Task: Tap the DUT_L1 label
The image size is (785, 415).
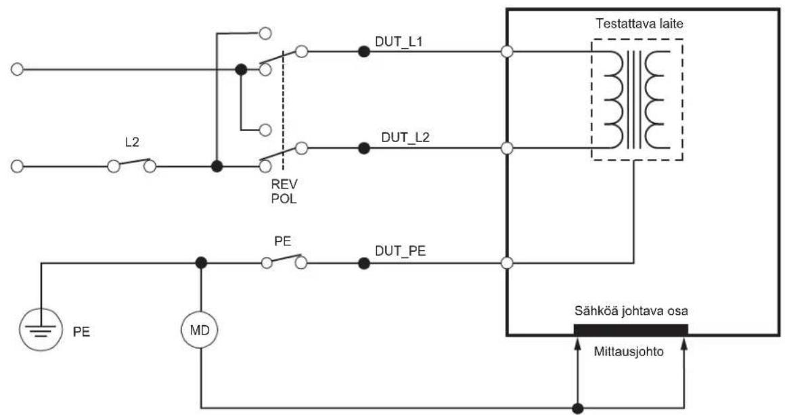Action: pyautogui.click(x=399, y=42)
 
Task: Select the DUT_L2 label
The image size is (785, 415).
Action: pyautogui.click(x=405, y=137)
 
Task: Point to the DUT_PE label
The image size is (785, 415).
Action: pyautogui.click(x=400, y=251)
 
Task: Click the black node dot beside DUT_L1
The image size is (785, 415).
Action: pyautogui.click(x=364, y=51)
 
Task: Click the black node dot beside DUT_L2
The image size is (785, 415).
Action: pyautogui.click(x=364, y=148)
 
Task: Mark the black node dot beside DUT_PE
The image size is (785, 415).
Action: pyautogui.click(x=364, y=263)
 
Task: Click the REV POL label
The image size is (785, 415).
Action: pyautogui.click(x=284, y=191)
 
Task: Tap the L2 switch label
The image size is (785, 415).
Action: pyautogui.click(x=132, y=143)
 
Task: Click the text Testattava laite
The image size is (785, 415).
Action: pyautogui.click(x=639, y=24)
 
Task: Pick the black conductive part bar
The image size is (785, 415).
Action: pyautogui.click(x=631, y=330)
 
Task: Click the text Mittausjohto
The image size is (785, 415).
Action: pyautogui.click(x=629, y=351)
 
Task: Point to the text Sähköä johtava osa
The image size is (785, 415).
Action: pyautogui.click(x=631, y=311)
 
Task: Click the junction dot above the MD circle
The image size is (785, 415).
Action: pyautogui.click(x=201, y=262)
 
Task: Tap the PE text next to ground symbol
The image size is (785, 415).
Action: pyautogui.click(x=81, y=331)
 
